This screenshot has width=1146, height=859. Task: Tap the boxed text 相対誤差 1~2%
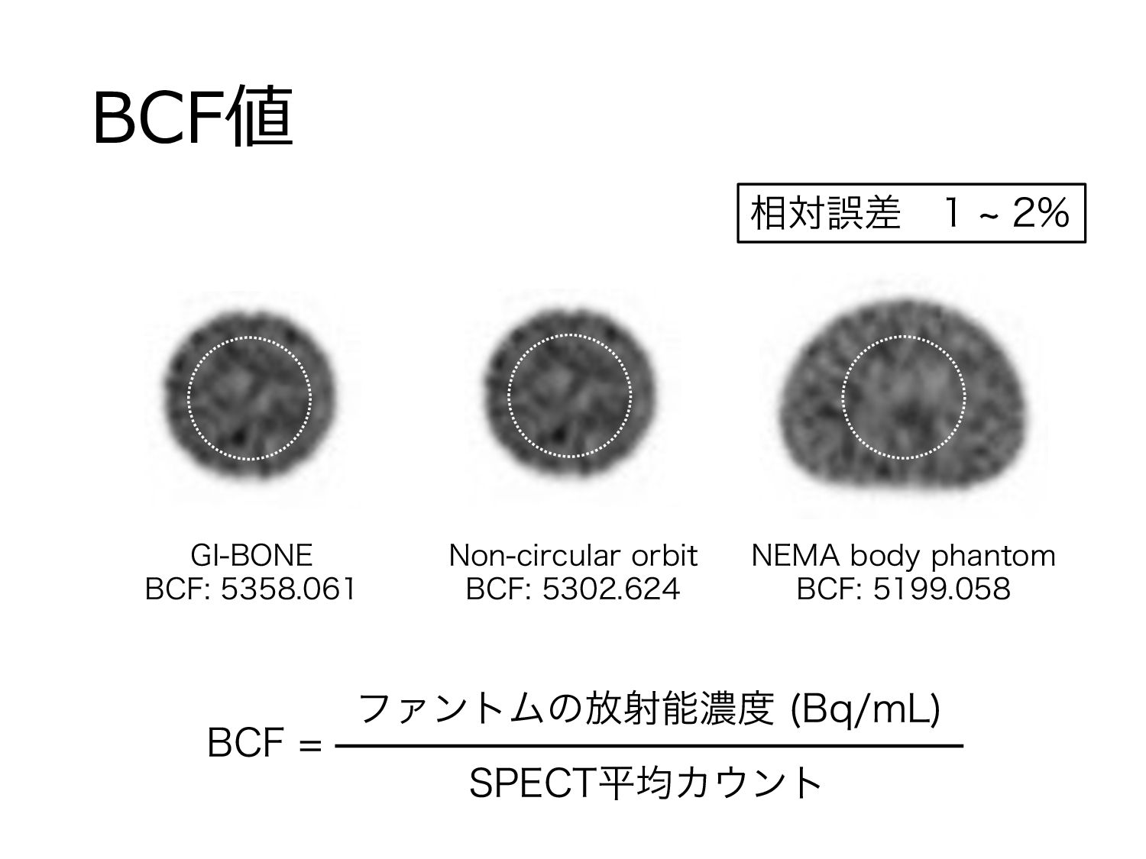[x=911, y=213]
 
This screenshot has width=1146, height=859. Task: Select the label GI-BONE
[x=251, y=555]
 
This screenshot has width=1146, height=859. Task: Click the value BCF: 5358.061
[x=251, y=589]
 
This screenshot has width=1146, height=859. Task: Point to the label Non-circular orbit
[x=573, y=555]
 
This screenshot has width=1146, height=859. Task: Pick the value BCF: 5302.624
[x=573, y=589]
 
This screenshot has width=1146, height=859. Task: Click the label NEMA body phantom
[x=904, y=555]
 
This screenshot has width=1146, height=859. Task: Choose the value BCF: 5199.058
[x=904, y=589]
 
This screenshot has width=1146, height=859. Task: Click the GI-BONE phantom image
[x=249, y=397]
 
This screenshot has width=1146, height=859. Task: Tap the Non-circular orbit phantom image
[x=570, y=397]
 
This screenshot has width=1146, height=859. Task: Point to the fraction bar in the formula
[x=649, y=745]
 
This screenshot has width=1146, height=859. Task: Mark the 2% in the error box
[x=1040, y=213]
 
